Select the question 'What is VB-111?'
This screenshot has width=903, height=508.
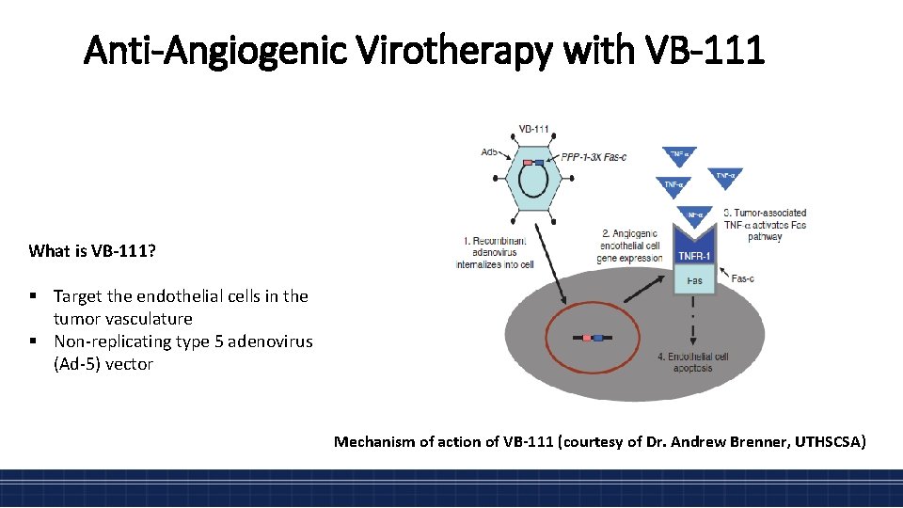point(92,250)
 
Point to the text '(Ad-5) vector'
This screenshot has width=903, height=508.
point(103,364)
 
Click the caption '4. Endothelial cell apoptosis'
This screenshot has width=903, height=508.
point(693,363)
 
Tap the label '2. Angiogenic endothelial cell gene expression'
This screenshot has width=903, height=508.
point(630,245)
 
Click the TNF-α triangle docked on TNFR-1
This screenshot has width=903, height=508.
point(695,215)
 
